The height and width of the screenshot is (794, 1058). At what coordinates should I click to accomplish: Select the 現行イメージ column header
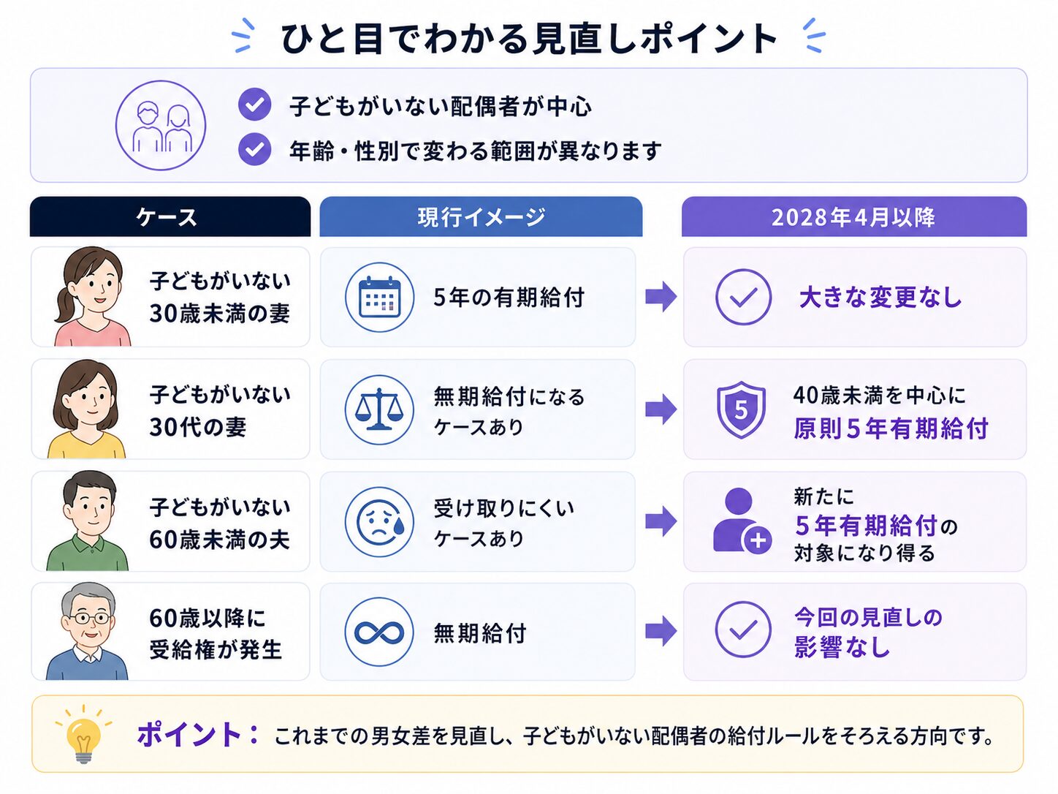(481, 216)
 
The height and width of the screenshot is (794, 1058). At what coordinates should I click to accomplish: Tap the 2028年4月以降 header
(853, 216)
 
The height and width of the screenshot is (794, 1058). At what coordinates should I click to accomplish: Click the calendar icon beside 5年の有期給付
(379, 297)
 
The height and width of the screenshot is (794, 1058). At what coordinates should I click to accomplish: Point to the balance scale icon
(379, 409)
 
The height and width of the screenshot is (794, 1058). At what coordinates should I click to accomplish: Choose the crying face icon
(379, 521)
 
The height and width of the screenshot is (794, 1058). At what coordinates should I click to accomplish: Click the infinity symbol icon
(379, 632)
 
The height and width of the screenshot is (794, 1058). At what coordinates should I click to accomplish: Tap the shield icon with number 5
(742, 409)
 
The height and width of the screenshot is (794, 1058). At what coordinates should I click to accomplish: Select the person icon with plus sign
(742, 521)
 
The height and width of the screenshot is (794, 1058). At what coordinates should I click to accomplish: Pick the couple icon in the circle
(161, 125)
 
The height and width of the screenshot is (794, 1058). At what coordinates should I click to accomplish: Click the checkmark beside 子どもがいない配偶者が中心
(254, 104)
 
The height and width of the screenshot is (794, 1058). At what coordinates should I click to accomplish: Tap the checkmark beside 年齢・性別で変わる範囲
(254, 149)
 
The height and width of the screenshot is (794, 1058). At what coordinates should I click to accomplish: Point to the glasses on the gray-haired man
(88, 618)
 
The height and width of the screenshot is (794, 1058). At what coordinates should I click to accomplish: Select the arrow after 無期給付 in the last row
(661, 631)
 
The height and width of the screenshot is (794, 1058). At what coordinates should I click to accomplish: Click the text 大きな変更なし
(880, 297)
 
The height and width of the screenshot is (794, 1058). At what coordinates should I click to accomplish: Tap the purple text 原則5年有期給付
(891, 428)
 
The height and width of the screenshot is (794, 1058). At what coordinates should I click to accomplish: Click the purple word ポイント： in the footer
(198, 735)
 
